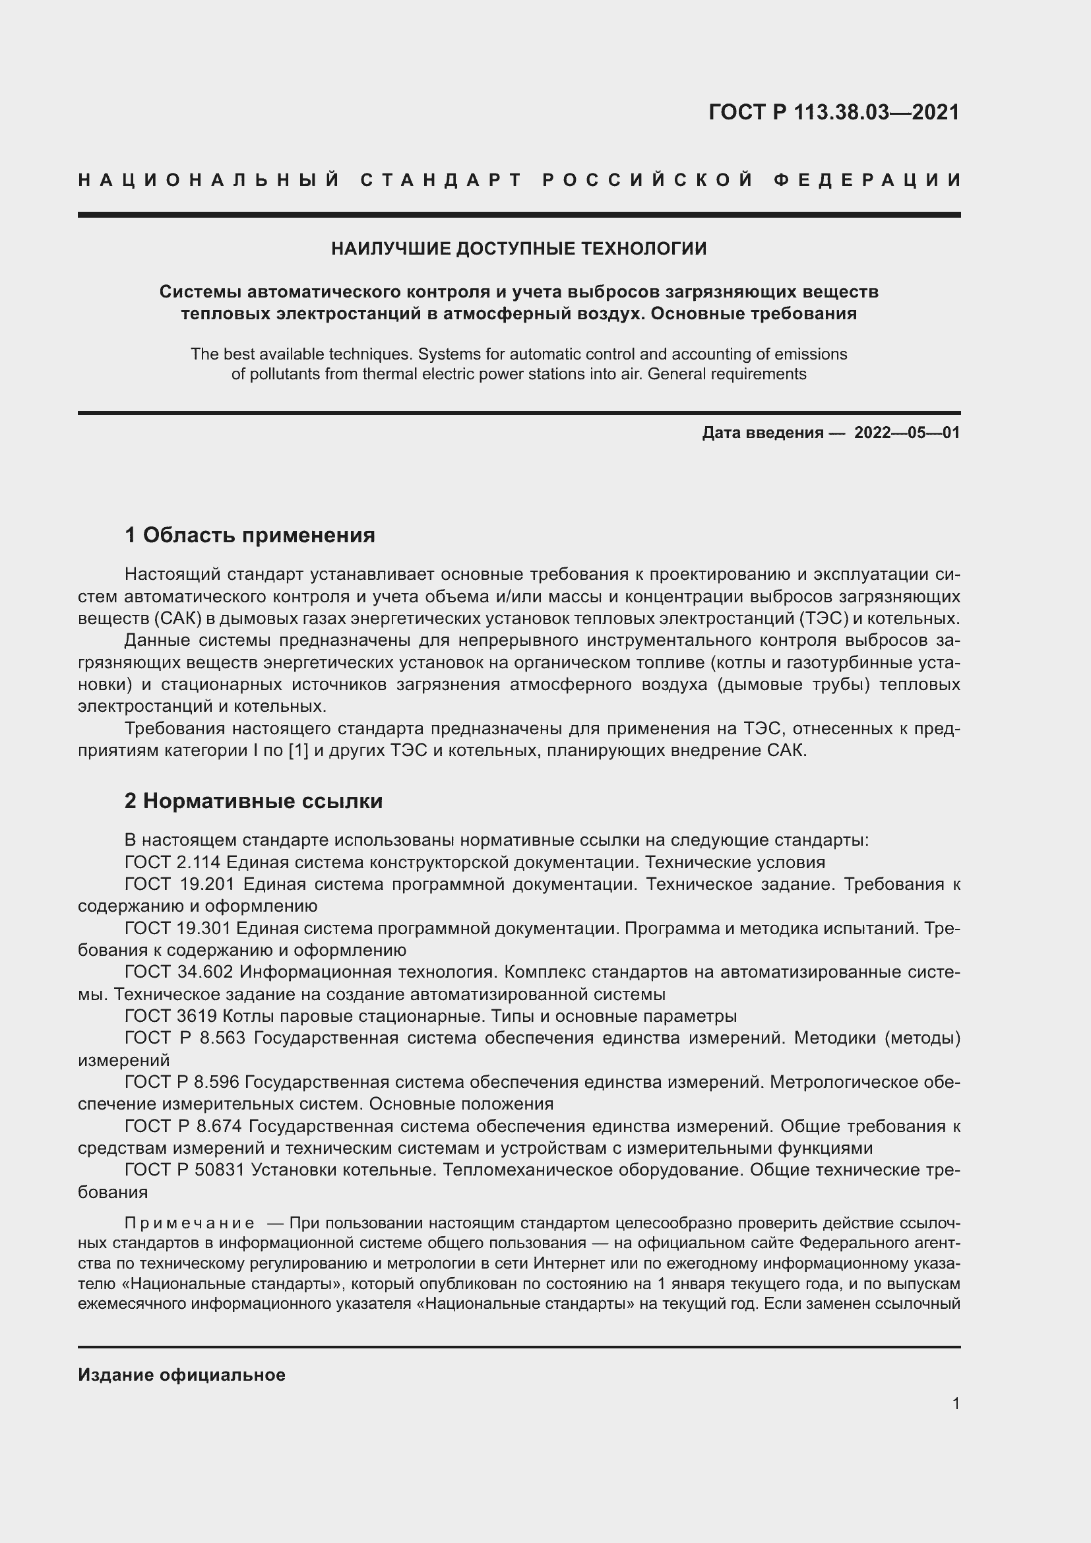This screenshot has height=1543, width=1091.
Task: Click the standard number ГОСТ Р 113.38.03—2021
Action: tap(834, 112)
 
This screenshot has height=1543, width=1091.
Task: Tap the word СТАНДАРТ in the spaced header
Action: tap(441, 180)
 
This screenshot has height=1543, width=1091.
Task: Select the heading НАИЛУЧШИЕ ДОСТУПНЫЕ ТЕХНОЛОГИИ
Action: tap(518, 249)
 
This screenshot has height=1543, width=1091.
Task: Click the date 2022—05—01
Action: tap(907, 433)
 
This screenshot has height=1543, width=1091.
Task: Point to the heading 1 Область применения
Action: tap(250, 536)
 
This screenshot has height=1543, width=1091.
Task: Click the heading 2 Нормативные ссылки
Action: tap(254, 801)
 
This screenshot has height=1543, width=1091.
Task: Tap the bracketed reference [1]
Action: tap(297, 751)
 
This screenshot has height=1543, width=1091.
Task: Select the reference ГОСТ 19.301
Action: tap(177, 928)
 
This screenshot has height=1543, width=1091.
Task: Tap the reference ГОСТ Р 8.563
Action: tap(187, 1038)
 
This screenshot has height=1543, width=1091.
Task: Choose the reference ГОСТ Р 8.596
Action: tap(183, 1082)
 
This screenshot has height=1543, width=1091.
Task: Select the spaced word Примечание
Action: tap(189, 1222)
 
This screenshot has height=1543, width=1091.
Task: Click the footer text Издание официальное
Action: tap(181, 1375)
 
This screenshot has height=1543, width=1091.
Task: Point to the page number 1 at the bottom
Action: tap(956, 1403)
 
